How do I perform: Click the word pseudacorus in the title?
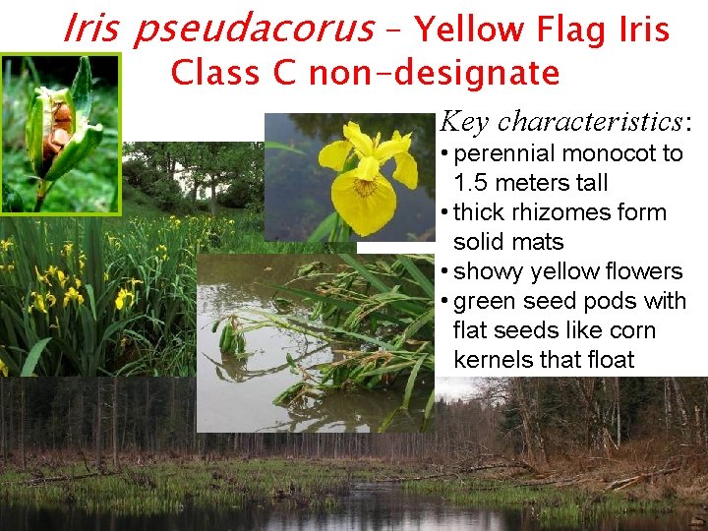pos(253,29)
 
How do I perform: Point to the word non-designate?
pos(434,73)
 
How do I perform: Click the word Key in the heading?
pos(464,121)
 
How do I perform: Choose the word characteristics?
pos(589,121)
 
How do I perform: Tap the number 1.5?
pos(475,183)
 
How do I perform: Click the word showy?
pos(489,271)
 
